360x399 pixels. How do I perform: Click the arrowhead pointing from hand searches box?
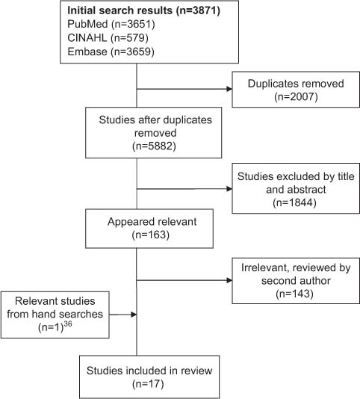click(133, 315)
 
